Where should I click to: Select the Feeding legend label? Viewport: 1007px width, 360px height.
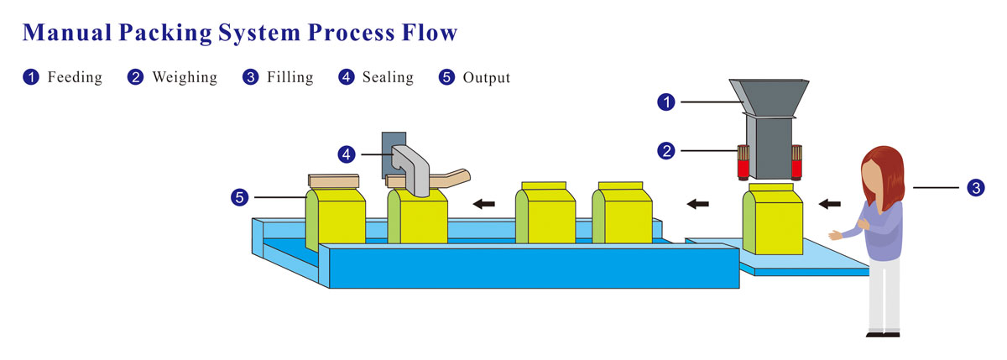[x=75, y=77]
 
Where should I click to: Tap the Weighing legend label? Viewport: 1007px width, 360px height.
[x=184, y=77]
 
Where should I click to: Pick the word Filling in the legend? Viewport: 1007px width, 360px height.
[x=290, y=77]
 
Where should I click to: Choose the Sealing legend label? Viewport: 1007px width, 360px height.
[x=388, y=77]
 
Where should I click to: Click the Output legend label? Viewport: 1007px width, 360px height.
[x=486, y=77]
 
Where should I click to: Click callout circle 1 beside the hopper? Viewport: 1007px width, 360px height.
[x=666, y=102]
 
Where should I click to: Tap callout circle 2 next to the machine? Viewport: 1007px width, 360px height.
[x=666, y=151]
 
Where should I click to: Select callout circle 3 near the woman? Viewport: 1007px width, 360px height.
[x=975, y=188]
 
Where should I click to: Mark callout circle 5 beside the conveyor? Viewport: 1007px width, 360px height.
[x=240, y=198]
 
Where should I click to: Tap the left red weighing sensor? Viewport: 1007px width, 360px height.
[x=743, y=162]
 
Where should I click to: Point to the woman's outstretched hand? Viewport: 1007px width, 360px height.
[x=836, y=235]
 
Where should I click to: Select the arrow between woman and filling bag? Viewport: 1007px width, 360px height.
[x=830, y=203]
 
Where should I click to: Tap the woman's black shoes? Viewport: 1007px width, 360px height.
[x=883, y=333]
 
